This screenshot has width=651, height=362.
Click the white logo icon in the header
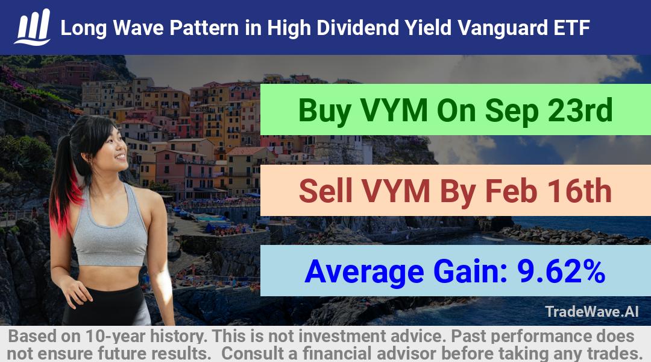(x=33, y=27)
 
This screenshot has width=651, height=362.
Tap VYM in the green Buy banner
(x=394, y=110)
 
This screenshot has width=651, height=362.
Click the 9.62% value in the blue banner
(x=561, y=271)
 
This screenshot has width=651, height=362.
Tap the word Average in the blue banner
(x=364, y=272)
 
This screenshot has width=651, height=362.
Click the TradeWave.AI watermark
(x=592, y=311)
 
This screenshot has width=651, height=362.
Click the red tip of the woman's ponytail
(x=62, y=208)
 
